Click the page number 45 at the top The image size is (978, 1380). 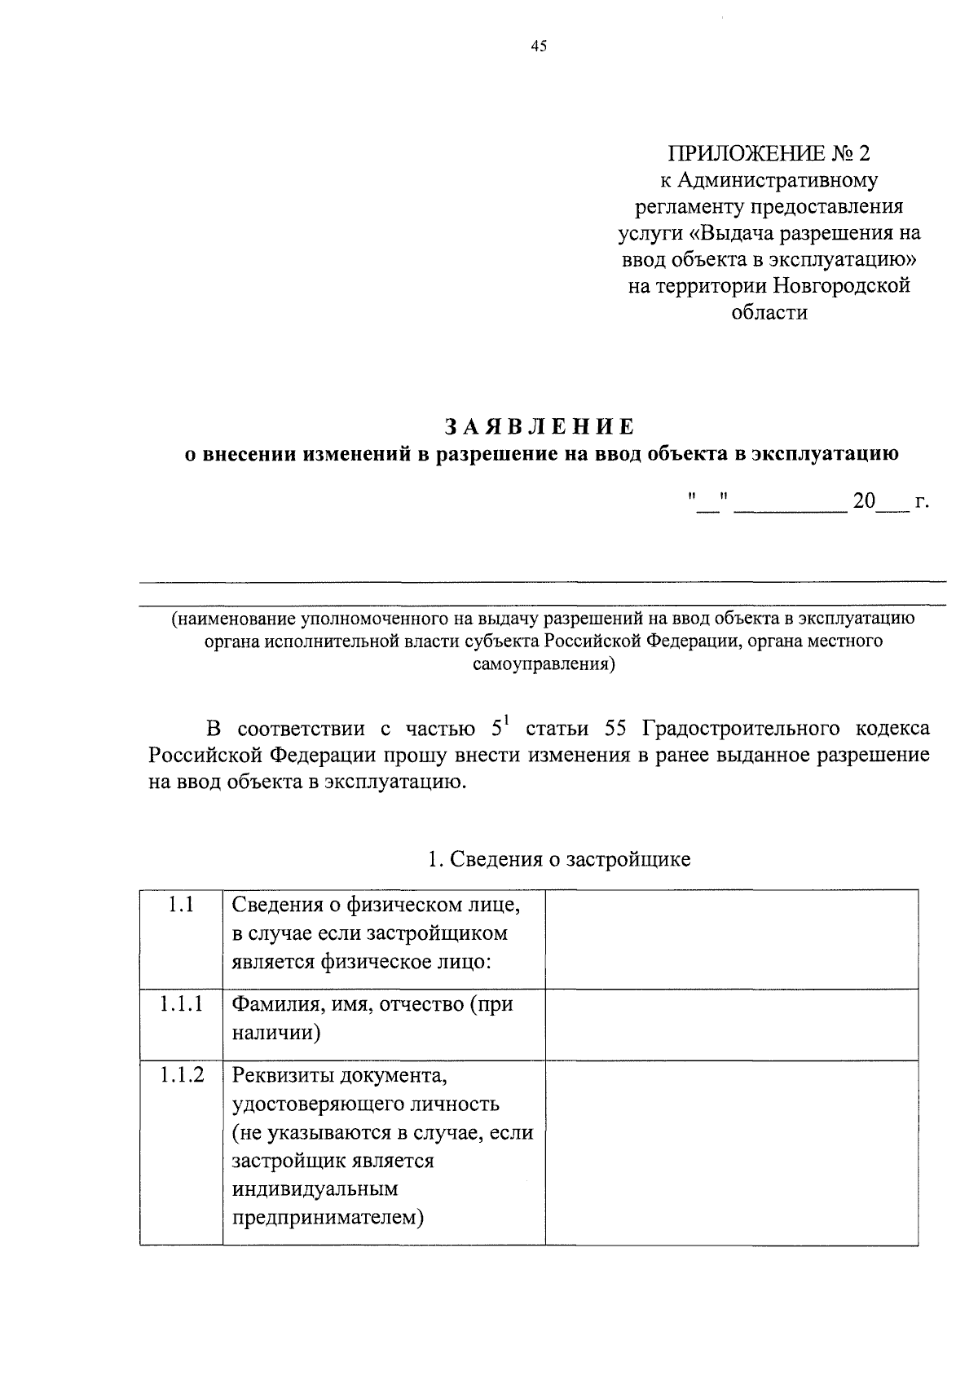pyautogui.click(x=538, y=46)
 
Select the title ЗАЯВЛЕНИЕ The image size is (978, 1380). pyautogui.click(x=540, y=427)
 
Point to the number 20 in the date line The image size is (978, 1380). pyautogui.click(x=863, y=502)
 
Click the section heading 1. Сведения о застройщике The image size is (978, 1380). pyautogui.click(x=559, y=859)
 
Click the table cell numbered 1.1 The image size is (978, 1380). pyautogui.click(x=181, y=904)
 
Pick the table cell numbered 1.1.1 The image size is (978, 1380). pyautogui.click(x=181, y=1004)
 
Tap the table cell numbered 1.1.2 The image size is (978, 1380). pyautogui.click(x=181, y=1075)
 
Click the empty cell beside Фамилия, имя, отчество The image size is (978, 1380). pyautogui.click(x=731, y=1024)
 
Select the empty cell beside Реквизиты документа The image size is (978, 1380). pyautogui.click(x=731, y=1152)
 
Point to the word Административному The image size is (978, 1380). pyautogui.click(x=778, y=180)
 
